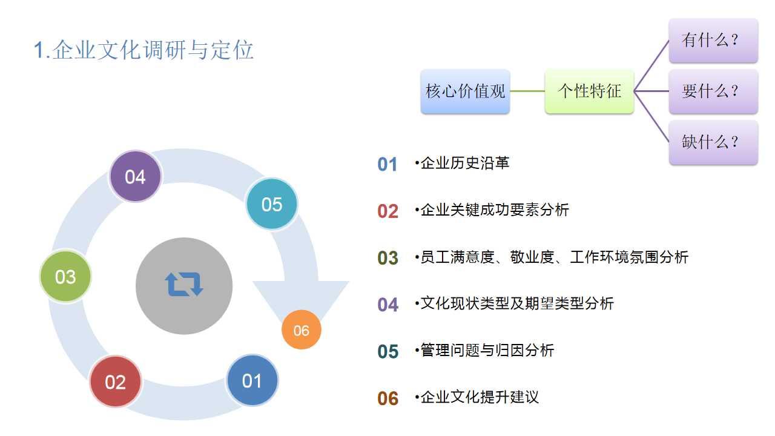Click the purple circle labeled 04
coord(135,176)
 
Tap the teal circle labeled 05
coord(272,204)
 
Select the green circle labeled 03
coord(65,277)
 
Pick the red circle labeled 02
coord(116,381)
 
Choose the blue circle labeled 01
coord(252,380)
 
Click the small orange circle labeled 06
coord(302,330)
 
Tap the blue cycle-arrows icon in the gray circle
coord(184,284)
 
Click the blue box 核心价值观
coord(465,91)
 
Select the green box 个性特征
coord(589,91)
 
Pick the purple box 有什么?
coord(713,41)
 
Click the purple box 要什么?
coord(713,91)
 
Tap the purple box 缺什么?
coord(713,142)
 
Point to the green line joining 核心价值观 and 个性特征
coord(527,91)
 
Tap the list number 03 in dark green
coord(388,258)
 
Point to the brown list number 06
coord(388,398)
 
